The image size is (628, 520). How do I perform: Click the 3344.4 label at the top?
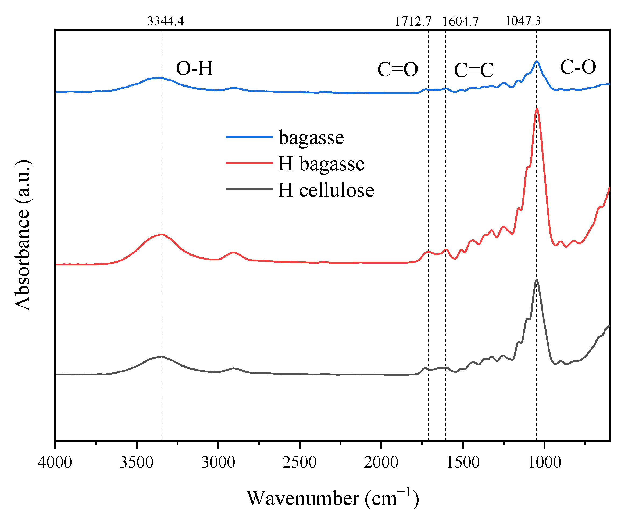pyautogui.click(x=165, y=21)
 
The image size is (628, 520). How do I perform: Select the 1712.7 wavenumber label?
pyautogui.click(x=413, y=21)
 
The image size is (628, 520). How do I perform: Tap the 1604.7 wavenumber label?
pyautogui.click(x=460, y=21)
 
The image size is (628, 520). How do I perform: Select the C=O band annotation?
pyautogui.click(x=397, y=69)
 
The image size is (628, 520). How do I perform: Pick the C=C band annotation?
pyautogui.click(x=474, y=70)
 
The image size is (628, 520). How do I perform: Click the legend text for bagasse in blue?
pyautogui.click(x=311, y=138)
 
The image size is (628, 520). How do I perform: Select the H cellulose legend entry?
pyautogui.click(x=326, y=190)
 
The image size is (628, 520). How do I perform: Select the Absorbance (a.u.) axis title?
pyautogui.click(x=22, y=235)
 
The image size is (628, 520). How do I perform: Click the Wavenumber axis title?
pyautogui.click(x=333, y=498)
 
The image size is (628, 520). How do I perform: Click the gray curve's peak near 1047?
pyautogui.click(x=537, y=280)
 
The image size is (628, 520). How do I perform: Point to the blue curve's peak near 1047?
pyautogui.click(x=537, y=61)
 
